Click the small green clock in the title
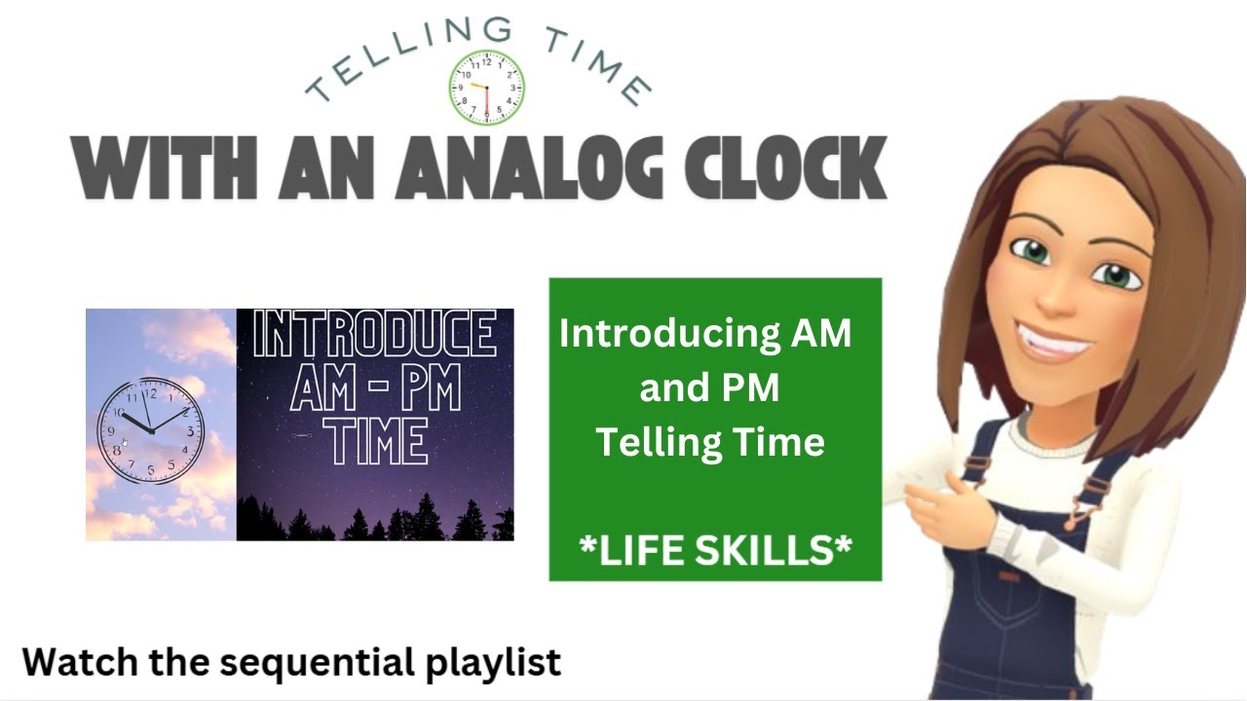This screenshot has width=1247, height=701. (486, 87)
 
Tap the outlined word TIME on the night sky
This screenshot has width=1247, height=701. (376, 444)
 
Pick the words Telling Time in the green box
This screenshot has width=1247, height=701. (710, 443)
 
